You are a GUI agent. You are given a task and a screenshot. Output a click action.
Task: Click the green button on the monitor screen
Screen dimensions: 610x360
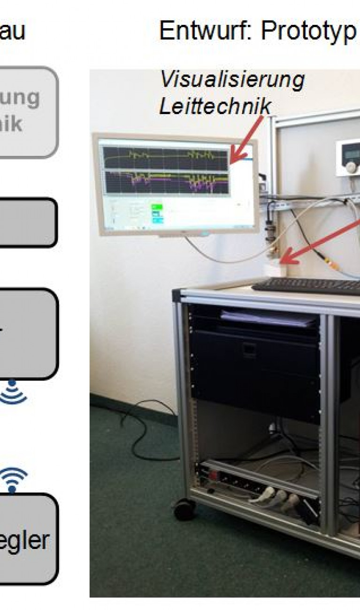pyautogui.click(x=156, y=207)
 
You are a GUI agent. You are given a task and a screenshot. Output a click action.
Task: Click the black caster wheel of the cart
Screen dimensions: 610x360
pyautogui.click(x=185, y=509)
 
